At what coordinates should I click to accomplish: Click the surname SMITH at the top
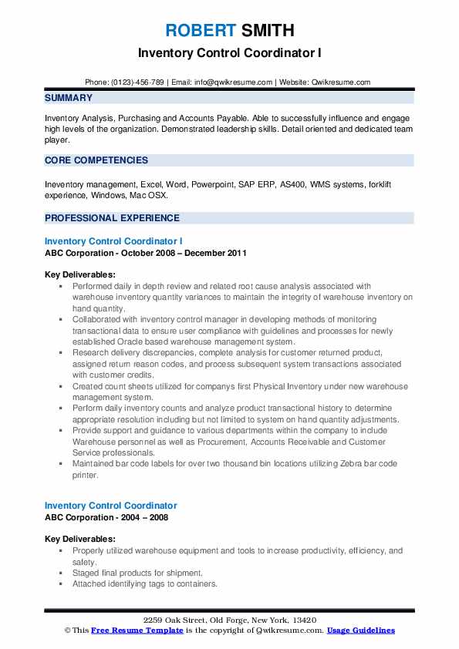tap(266, 31)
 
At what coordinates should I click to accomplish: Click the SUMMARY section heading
tap(69, 98)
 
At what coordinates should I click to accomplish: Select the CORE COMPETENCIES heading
tap(96, 160)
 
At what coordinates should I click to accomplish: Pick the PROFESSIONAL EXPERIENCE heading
tap(112, 218)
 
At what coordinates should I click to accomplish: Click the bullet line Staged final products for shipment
tap(137, 573)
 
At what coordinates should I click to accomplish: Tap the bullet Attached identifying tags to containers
tap(144, 583)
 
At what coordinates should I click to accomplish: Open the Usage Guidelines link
tap(361, 631)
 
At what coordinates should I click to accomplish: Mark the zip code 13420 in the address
tap(302, 620)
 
